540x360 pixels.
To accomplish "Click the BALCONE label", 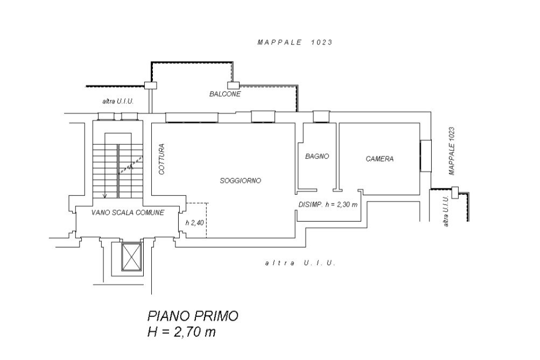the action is (225, 94).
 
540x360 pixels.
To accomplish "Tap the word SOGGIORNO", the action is (240, 180).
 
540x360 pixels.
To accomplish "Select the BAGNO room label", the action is (317, 156).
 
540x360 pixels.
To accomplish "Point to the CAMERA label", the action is (380, 159).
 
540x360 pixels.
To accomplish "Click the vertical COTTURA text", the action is (162, 159).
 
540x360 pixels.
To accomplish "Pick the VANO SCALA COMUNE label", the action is (128, 213).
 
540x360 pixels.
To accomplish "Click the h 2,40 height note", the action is (194, 223).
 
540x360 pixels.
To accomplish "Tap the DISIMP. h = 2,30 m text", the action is (328, 204).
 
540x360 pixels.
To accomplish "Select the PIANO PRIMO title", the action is (193, 316).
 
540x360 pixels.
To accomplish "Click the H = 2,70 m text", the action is (181, 332).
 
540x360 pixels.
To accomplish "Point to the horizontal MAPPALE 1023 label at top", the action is (295, 43).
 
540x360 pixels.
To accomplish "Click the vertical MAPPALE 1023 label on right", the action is (452, 151).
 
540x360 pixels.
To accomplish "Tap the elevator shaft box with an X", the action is (131, 257).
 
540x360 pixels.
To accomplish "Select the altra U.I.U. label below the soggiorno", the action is (300, 263).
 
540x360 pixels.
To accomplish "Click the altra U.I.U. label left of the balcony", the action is (118, 102).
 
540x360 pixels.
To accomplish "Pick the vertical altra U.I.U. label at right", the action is (446, 211).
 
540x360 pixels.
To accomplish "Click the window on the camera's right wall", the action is (426, 156).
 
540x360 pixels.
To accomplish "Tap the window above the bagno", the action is (321, 117).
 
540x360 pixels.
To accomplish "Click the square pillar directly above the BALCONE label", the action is (234, 86).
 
